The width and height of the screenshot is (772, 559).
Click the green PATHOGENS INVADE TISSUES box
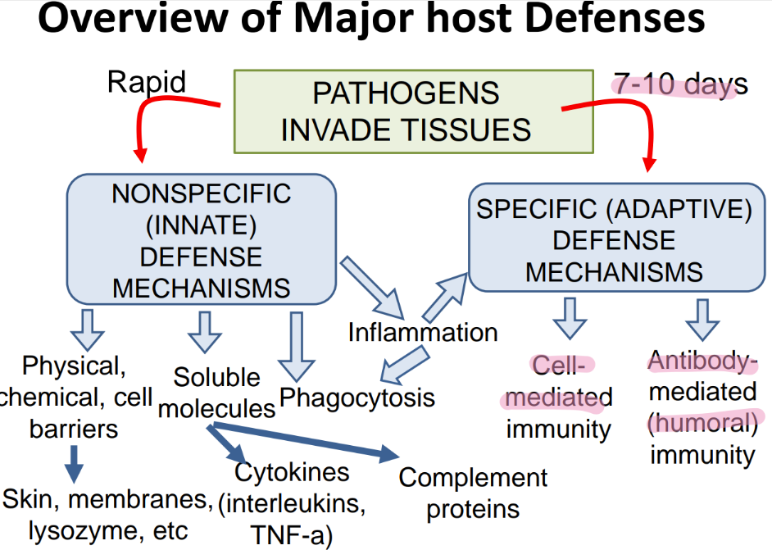(414, 111)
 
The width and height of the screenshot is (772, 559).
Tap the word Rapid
(147, 82)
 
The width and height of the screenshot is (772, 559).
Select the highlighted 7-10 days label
(680, 84)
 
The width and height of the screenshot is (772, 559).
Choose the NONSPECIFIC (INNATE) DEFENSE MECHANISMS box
(202, 239)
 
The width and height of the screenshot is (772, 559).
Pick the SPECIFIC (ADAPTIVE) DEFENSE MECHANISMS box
(617, 238)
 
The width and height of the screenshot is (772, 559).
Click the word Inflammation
(423, 333)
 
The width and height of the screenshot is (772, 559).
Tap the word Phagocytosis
(357, 398)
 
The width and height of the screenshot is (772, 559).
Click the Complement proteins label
(473, 493)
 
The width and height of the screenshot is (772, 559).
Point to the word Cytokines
(292, 472)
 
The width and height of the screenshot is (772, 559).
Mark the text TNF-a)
(292, 535)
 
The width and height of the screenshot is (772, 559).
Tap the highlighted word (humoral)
(703, 423)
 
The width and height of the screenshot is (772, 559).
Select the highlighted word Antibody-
(702, 361)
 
